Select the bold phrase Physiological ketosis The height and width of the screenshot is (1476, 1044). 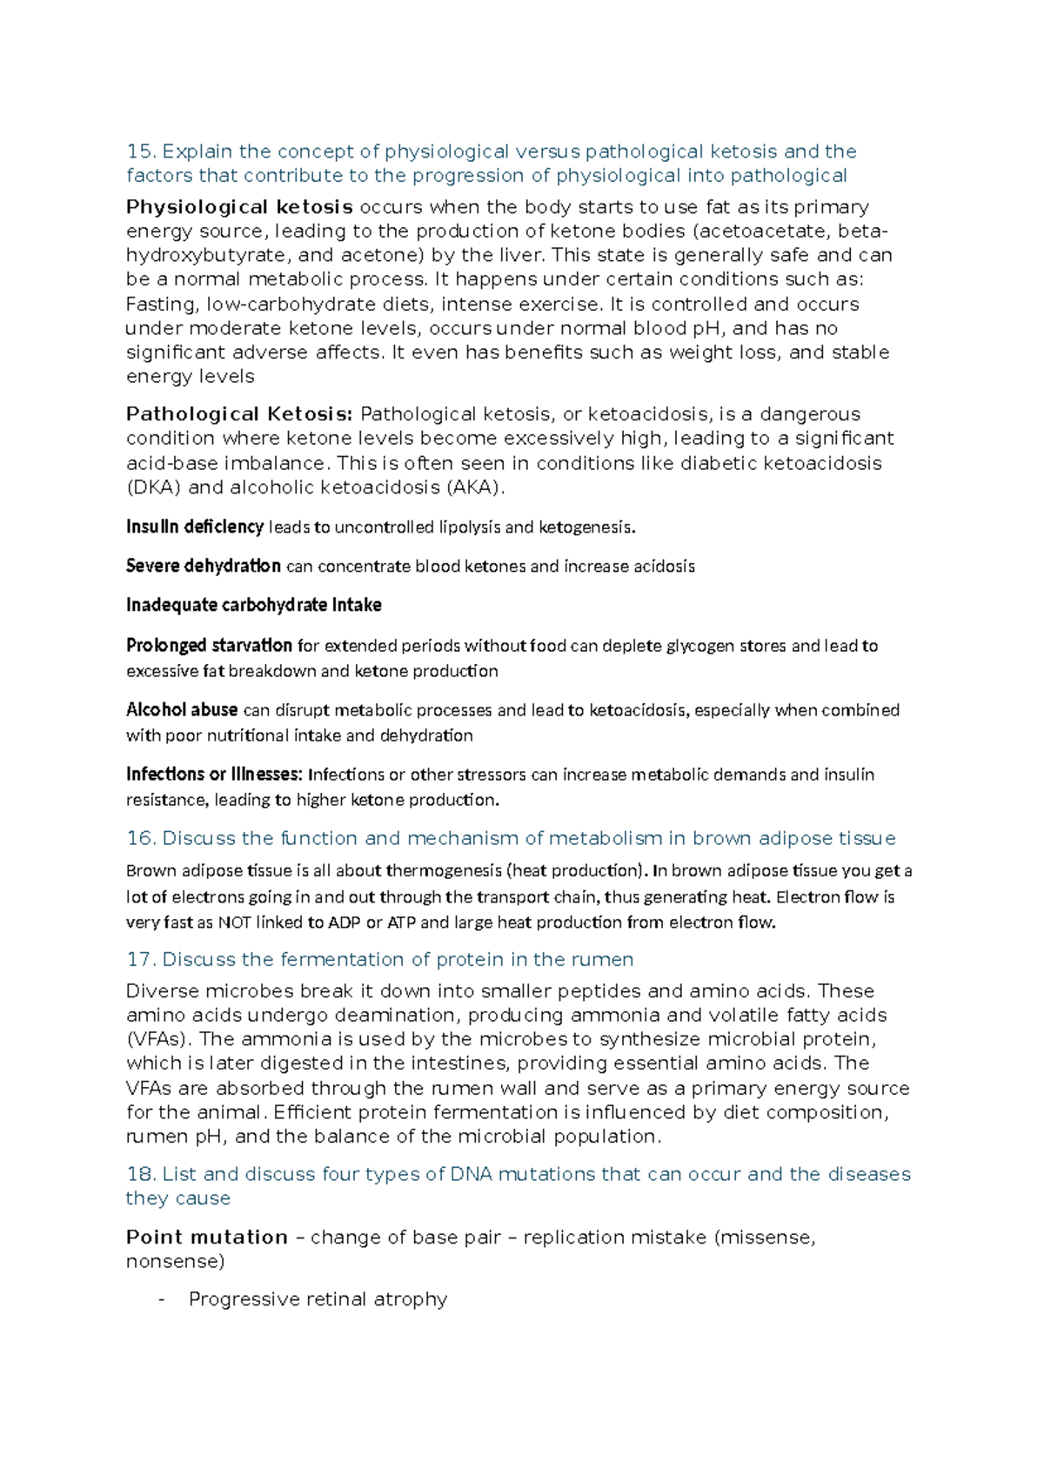(x=239, y=207)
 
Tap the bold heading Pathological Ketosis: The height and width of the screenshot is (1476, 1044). (x=239, y=414)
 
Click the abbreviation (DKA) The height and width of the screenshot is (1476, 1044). (x=154, y=487)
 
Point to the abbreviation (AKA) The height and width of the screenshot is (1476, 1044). (x=475, y=487)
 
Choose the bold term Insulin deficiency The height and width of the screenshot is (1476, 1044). (x=195, y=527)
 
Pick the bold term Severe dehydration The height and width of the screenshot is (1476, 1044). (x=204, y=566)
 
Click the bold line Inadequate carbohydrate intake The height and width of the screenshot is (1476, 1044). (x=254, y=605)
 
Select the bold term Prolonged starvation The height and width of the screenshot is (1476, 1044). (x=209, y=646)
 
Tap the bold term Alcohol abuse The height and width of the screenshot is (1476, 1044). (x=182, y=710)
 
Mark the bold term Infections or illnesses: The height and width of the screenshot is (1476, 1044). (x=214, y=775)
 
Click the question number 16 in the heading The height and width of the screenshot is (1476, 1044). (x=140, y=838)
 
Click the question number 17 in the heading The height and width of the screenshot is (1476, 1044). (x=140, y=959)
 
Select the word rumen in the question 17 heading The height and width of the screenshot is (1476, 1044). (x=602, y=959)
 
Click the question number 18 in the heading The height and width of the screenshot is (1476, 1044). (x=140, y=1174)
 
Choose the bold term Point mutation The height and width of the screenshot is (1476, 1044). (x=207, y=1238)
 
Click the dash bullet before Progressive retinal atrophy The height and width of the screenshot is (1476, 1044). (x=162, y=1299)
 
